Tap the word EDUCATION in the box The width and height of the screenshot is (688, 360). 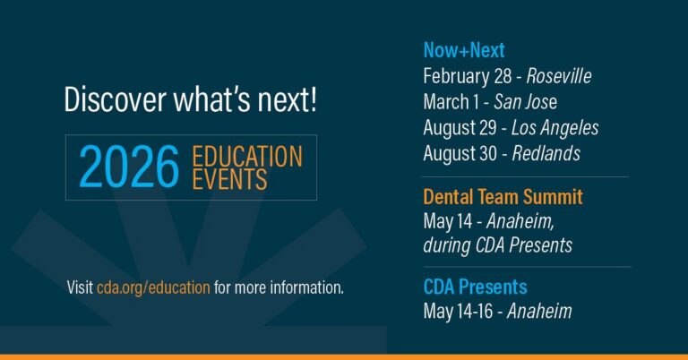point(247,156)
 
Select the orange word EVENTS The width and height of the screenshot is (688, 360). point(229,179)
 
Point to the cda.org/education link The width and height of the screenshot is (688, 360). point(153,288)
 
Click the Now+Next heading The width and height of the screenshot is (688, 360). point(464,50)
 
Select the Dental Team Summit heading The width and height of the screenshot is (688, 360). point(503,196)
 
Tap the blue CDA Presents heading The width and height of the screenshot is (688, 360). point(475,287)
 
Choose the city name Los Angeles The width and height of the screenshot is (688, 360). point(555,128)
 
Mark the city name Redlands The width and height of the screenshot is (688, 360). point(546,153)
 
